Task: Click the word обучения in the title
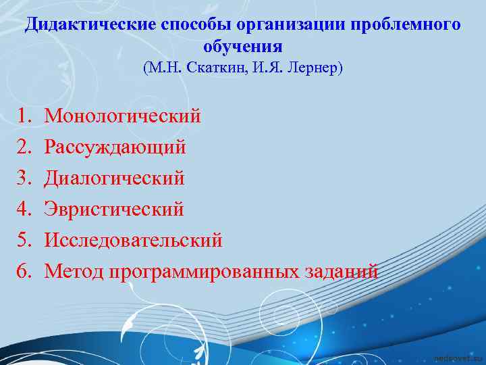point(243,47)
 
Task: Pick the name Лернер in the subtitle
point(316,68)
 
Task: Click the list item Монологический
point(122,116)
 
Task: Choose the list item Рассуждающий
point(115,147)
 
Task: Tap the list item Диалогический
point(114,178)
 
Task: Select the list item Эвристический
point(114,210)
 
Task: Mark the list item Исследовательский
point(133,241)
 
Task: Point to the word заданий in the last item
point(340,272)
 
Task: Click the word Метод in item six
point(72,272)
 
